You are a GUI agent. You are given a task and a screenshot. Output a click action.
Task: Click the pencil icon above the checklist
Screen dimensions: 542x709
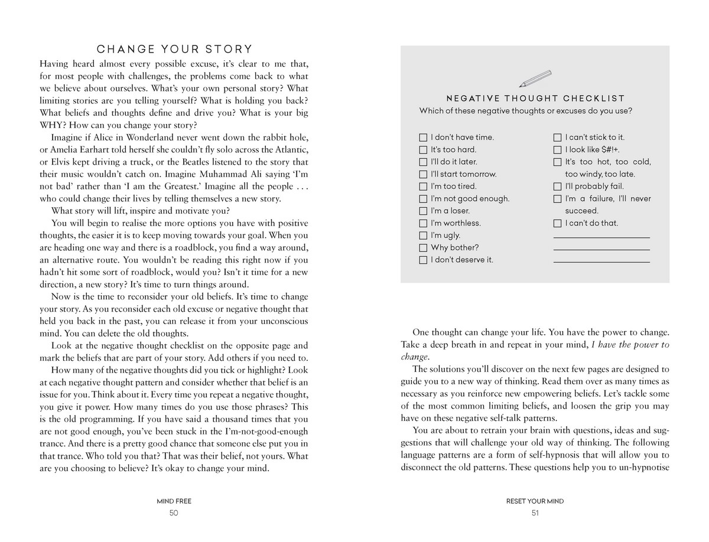tap(535, 79)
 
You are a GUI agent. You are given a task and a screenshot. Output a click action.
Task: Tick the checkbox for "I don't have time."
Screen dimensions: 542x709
tap(423, 138)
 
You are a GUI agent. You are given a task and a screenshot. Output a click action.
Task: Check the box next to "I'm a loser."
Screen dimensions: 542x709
tap(423, 211)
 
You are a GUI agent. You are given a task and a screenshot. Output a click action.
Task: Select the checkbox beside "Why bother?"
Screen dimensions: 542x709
tap(423, 248)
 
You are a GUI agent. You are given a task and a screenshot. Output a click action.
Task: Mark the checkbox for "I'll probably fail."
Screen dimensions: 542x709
tap(557, 187)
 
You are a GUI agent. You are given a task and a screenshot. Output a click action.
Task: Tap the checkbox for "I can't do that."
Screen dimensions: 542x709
tap(557, 223)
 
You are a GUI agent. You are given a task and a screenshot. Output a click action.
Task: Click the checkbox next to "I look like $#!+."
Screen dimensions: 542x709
tap(557, 150)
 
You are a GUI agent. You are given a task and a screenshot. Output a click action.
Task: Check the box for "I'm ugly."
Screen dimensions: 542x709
tap(423, 236)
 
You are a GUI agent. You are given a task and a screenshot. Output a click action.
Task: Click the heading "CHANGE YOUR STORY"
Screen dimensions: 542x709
tap(174, 49)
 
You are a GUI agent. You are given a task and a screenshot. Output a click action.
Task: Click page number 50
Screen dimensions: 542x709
tap(174, 513)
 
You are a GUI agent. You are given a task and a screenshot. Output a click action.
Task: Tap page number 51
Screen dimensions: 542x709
tap(535, 513)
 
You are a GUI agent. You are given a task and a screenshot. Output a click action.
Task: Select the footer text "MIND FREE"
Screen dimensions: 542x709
tap(174, 501)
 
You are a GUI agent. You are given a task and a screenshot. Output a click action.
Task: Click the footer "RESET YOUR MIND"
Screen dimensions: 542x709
tap(535, 501)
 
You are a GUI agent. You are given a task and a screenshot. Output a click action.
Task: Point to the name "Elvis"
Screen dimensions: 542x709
tap(52, 162)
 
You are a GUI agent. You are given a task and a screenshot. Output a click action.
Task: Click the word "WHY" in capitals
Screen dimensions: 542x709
tap(53, 125)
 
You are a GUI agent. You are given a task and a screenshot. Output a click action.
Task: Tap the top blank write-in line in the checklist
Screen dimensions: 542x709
tap(601, 237)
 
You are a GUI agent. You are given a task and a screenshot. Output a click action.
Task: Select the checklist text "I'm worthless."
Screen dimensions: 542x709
tap(456, 223)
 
